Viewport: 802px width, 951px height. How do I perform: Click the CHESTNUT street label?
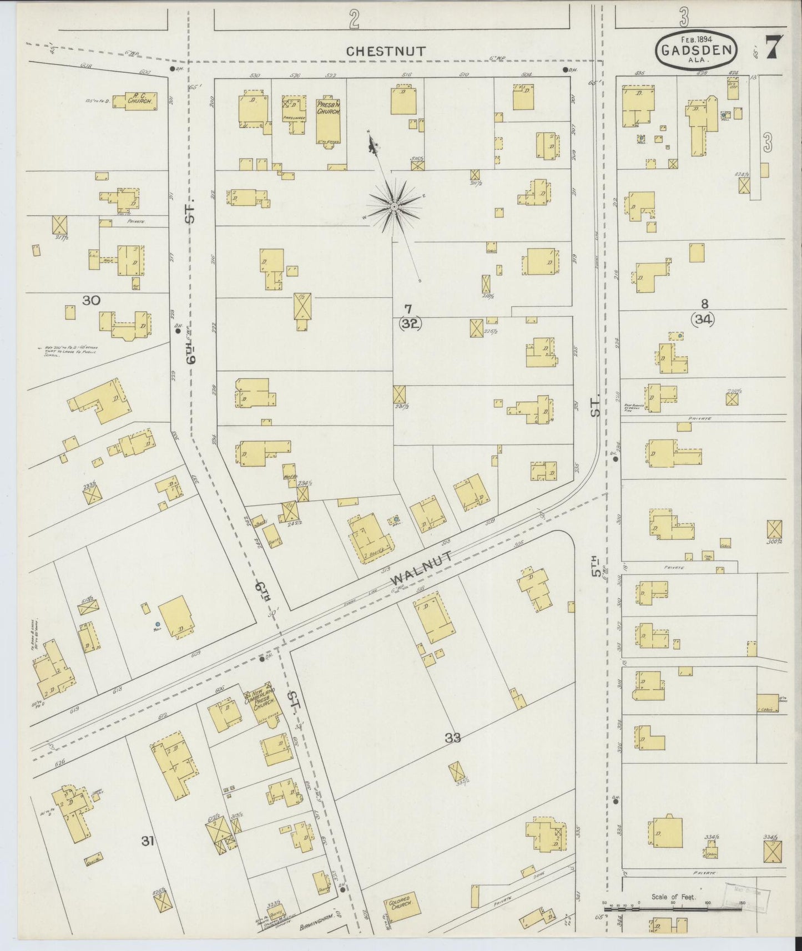point(386,51)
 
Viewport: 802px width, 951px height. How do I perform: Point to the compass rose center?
point(394,206)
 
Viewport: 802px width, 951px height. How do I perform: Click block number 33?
point(453,737)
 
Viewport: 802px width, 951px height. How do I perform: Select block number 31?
point(147,842)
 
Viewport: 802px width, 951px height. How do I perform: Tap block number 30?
point(91,301)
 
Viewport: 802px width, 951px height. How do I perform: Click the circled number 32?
point(410,325)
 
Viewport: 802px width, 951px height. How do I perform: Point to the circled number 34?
point(703,319)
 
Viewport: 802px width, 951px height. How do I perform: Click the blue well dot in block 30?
point(158,625)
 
